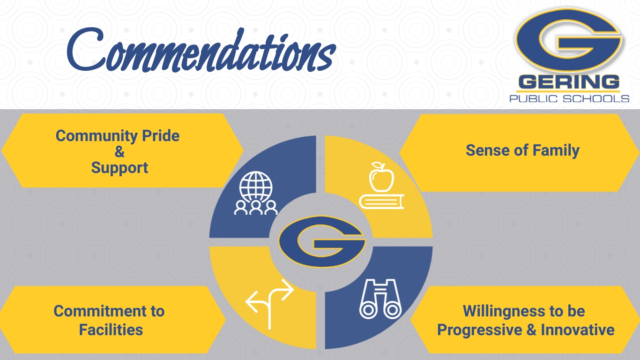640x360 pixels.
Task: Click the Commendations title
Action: pyautogui.click(x=201, y=50)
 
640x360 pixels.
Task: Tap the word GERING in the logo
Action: pyautogui.click(x=569, y=82)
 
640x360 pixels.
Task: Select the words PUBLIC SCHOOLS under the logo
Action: pyautogui.click(x=569, y=99)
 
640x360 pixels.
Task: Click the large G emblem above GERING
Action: pyautogui.click(x=569, y=40)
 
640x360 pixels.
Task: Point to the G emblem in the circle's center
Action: pyautogui.click(x=322, y=241)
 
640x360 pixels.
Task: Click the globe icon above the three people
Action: pyautogui.click(x=256, y=187)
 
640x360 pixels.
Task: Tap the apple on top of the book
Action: pyautogui.click(x=381, y=176)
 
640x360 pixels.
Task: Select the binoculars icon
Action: pyautogui.click(x=380, y=299)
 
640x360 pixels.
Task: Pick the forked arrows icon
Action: pyautogui.click(x=269, y=304)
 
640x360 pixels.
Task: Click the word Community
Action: pyautogui.click(x=97, y=136)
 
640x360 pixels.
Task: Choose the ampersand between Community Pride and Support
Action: pyautogui.click(x=120, y=151)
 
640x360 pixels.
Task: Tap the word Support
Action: pyautogui.click(x=119, y=168)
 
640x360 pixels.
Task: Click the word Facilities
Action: pyautogui.click(x=111, y=330)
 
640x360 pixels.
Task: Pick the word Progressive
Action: pyautogui.click(x=480, y=330)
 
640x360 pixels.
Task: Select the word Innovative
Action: pyautogui.click(x=577, y=330)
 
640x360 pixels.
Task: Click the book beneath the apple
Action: pyautogui.click(x=381, y=202)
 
